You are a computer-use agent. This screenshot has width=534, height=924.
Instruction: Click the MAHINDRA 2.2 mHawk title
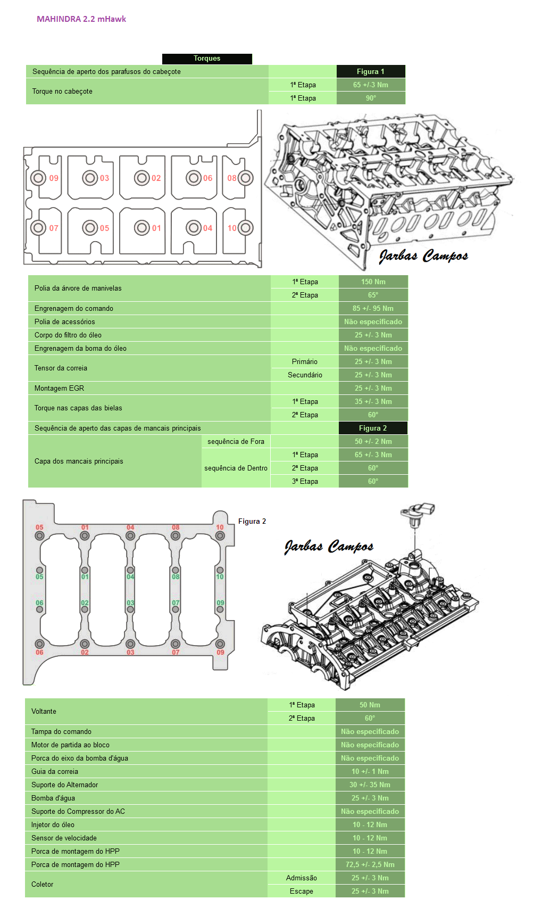coord(81,19)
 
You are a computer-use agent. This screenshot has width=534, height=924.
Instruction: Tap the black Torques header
coord(207,59)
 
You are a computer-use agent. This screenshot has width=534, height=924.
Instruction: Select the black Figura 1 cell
coord(371,71)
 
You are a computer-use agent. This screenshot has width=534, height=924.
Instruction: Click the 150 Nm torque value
coord(373,282)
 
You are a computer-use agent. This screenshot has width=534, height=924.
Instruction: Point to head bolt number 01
coord(142,228)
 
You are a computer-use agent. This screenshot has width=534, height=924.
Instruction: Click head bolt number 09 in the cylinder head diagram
coord(38,178)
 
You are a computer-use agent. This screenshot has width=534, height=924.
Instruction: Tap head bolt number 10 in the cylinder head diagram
coord(245,228)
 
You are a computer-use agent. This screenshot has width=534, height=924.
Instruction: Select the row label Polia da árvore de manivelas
coord(78,288)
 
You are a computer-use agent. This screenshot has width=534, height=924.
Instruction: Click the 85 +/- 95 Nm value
coord(373,308)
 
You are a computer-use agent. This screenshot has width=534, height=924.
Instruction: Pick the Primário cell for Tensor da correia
coord(305,361)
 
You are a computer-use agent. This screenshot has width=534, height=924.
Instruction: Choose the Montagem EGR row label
coord(60,388)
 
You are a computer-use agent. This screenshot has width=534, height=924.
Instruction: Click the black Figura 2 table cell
coord(373,428)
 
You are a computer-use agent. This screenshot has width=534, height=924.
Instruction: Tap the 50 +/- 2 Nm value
coord(373,441)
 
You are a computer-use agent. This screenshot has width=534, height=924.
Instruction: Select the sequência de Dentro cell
coord(236,468)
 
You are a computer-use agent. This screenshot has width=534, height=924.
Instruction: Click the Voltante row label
coord(44,712)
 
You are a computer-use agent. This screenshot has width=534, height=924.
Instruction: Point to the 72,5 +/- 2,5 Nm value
coord(370,864)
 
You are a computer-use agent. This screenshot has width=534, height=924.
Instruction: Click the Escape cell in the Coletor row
coord(302,891)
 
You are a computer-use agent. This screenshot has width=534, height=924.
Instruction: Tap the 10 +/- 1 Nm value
coord(370,771)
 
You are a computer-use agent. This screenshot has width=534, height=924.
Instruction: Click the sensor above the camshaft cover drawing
coord(419,512)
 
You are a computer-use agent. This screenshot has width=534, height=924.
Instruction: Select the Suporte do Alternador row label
coord(65,785)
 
